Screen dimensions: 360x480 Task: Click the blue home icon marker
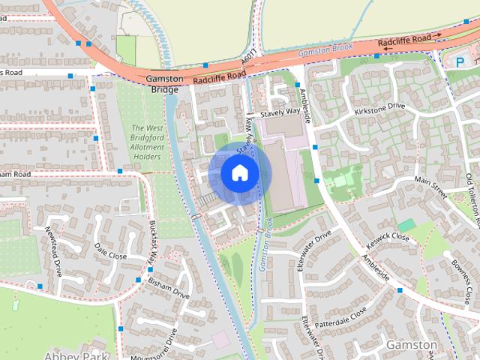point(239,173)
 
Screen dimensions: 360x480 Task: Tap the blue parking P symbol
point(460,63)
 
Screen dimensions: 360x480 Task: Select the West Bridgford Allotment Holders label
point(147,143)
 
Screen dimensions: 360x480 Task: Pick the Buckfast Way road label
point(153,241)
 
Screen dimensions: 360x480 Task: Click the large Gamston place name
point(412,344)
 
